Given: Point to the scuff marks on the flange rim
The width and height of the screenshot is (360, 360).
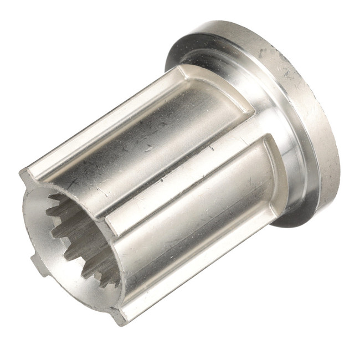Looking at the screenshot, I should [x=288, y=72].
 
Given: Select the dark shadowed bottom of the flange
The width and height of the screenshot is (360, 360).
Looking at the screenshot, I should [x=299, y=219].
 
